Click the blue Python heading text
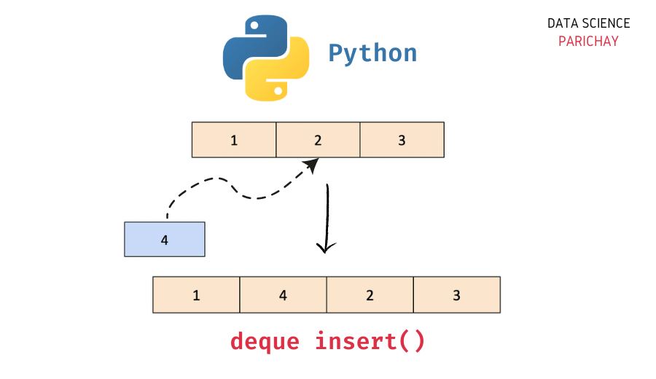tap(372, 53)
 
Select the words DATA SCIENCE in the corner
tap(588, 24)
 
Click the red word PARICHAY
tap(588, 42)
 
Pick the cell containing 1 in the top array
tap(234, 140)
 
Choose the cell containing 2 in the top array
tap(318, 140)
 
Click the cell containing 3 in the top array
tap(402, 140)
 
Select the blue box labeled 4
tap(165, 240)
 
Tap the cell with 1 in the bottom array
tap(196, 295)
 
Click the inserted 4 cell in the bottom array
tap(283, 295)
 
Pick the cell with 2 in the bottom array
tap(370, 295)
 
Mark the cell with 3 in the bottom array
tap(456, 295)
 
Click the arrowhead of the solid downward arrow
tap(326, 248)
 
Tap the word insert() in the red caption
tap(370, 341)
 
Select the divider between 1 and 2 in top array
tap(276, 140)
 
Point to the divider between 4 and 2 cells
tap(327, 295)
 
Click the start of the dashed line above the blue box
tap(167, 216)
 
